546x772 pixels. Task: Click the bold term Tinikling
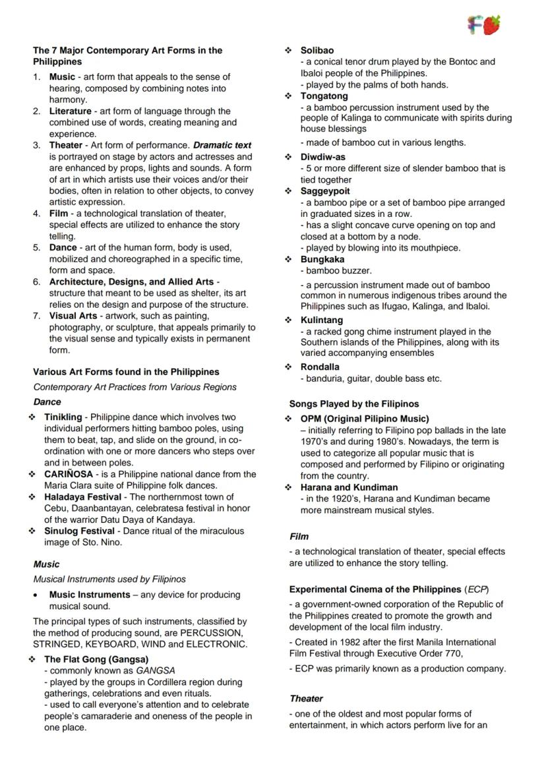click(x=63, y=417)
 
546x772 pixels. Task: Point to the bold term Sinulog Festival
click(x=78, y=531)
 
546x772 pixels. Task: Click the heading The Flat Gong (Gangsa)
click(x=96, y=659)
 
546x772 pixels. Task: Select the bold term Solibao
click(x=317, y=51)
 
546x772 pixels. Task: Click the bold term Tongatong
click(x=324, y=96)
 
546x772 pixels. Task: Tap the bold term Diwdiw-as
click(x=323, y=158)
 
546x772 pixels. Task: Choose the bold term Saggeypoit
click(x=325, y=191)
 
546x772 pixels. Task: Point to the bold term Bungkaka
click(x=322, y=259)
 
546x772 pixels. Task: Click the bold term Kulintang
click(x=322, y=320)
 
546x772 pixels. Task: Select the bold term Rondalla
click(x=320, y=367)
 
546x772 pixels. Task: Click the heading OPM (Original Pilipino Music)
click(x=365, y=419)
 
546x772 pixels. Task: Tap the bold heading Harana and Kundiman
click(x=349, y=487)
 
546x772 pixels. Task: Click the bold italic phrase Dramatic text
click(x=222, y=145)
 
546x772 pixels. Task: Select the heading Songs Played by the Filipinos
click(x=354, y=404)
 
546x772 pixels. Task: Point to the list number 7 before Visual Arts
click(x=38, y=316)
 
